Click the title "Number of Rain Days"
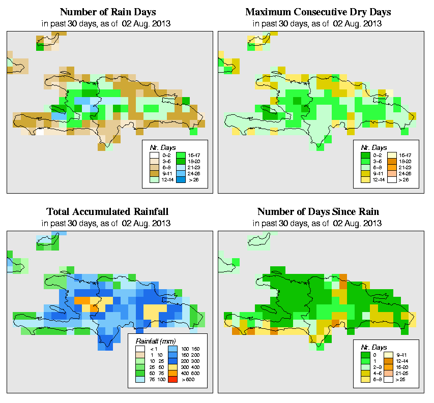[107, 12]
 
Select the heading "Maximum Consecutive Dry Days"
[319, 12]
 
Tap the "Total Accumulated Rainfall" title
[107, 211]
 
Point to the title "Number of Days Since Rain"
[319, 211]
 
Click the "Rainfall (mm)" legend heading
[154, 340]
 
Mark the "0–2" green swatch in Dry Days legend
[365, 154]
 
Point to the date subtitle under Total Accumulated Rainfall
[107, 223]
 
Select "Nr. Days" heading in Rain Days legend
[160, 147]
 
